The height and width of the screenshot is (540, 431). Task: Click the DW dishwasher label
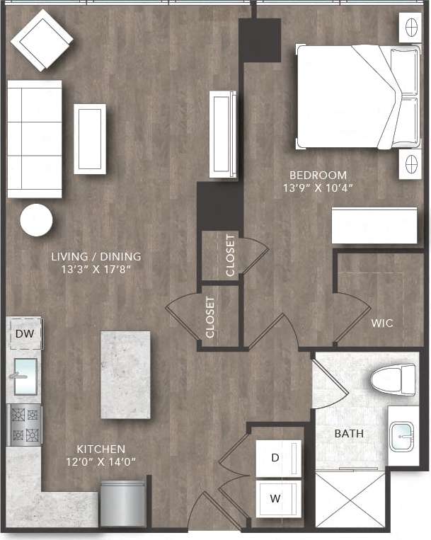[x=24, y=333]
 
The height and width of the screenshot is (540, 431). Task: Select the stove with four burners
[x=25, y=425]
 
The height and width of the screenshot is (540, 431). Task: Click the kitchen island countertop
[x=125, y=374]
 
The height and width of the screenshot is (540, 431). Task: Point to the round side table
[x=36, y=220]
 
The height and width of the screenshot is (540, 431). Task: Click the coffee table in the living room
[x=90, y=139]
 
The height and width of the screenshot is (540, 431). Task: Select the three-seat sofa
[x=34, y=139]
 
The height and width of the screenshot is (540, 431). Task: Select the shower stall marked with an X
[x=350, y=499]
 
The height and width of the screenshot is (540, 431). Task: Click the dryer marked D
[x=275, y=457]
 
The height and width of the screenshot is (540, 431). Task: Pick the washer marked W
[x=275, y=498]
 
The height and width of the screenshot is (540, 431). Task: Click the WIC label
[x=382, y=323]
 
